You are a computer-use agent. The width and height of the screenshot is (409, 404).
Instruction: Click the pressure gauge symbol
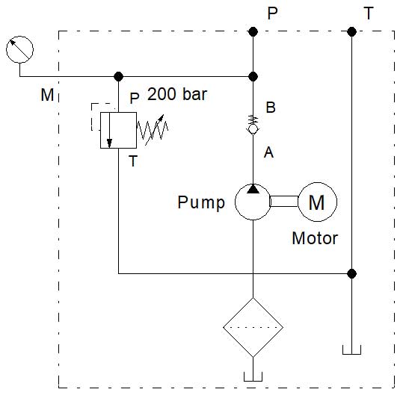tap(19, 49)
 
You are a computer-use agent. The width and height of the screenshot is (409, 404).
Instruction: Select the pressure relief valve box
tap(118, 131)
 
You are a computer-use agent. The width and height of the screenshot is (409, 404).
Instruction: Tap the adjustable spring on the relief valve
tap(153, 131)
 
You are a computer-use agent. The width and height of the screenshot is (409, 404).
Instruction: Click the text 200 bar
tap(176, 95)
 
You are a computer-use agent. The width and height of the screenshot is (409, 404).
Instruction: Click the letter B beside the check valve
tap(271, 108)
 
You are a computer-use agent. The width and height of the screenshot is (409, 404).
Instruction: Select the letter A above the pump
tap(270, 153)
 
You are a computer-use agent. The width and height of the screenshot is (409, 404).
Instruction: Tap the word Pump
tap(201, 202)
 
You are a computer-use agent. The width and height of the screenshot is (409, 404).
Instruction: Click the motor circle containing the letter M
tap(317, 202)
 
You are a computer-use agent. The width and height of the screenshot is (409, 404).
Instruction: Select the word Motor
tap(315, 239)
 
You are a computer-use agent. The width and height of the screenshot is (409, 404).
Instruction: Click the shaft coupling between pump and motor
tap(284, 202)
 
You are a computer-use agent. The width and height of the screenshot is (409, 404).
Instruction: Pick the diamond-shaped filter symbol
tap(253, 327)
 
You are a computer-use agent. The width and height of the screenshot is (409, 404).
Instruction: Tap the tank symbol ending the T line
tap(351, 349)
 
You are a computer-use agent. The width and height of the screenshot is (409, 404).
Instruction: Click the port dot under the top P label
tap(253, 31)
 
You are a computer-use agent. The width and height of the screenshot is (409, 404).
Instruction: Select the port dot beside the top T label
tap(351, 31)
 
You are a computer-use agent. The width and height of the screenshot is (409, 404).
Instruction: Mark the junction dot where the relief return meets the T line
tap(351, 273)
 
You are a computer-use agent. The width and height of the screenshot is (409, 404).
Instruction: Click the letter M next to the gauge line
tap(46, 96)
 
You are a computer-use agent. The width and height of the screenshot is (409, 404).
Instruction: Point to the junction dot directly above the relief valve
tap(118, 76)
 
